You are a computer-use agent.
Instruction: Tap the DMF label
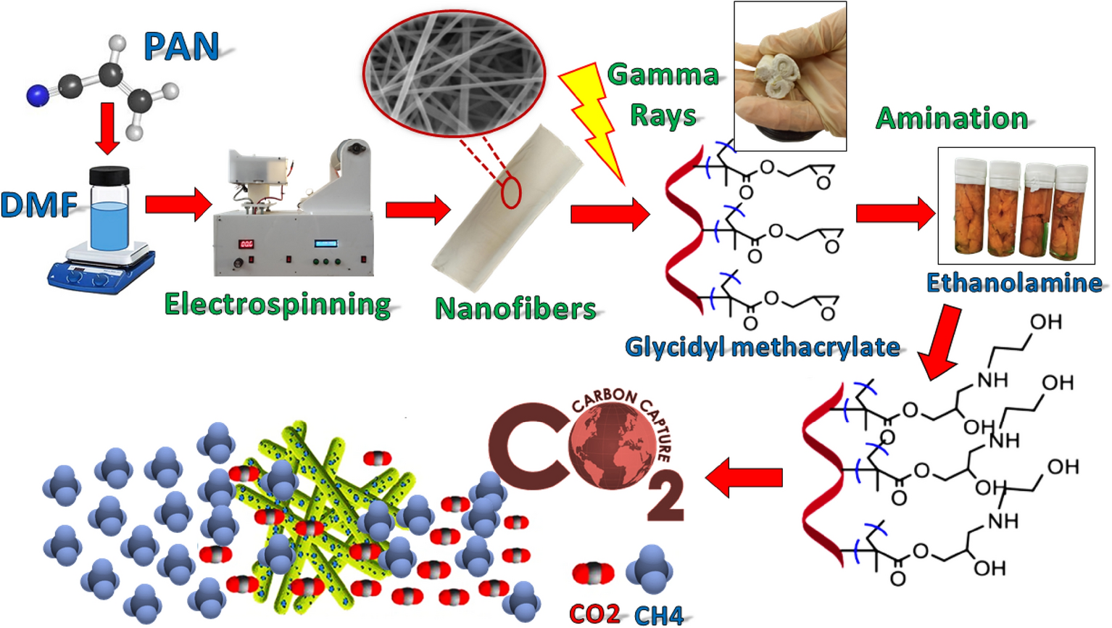38,205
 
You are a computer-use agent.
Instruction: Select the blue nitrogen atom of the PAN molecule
36,94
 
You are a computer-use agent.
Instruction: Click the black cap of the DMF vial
109,175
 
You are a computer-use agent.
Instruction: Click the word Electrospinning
278,304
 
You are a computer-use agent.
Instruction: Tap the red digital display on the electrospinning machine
246,244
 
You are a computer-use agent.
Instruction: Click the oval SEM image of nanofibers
454,73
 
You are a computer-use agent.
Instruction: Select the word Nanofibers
515,309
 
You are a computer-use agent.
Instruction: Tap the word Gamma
663,75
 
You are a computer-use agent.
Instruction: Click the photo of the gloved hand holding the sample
790,75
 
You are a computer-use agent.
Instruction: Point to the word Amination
952,118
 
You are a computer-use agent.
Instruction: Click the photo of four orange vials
1016,206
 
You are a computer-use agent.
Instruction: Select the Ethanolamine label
1014,283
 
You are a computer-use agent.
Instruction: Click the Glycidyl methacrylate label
763,347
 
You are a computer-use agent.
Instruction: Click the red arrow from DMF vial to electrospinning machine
177,204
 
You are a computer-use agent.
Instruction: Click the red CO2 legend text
594,614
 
